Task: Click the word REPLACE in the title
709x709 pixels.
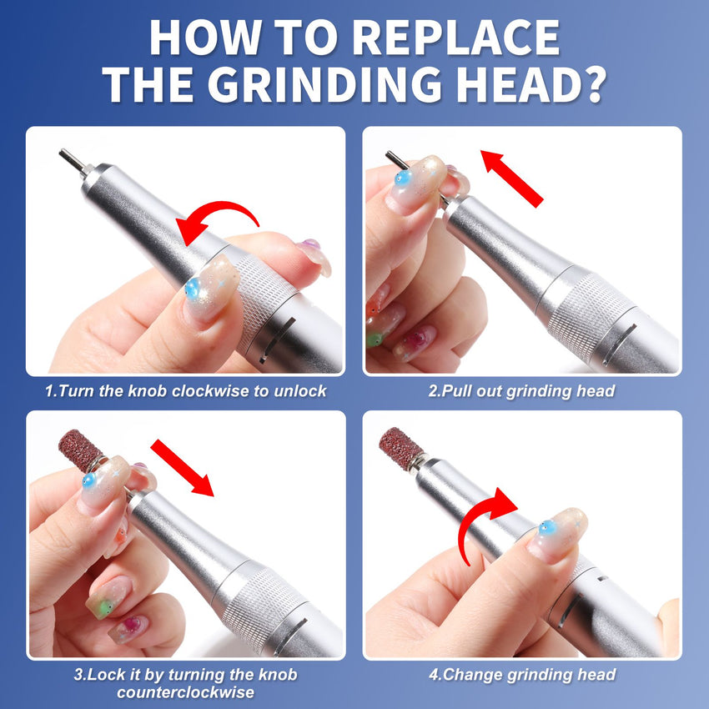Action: tap(455, 38)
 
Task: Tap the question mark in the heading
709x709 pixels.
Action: tap(591, 84)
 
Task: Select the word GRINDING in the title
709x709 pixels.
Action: tap(325, 84)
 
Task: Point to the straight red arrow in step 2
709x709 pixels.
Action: tap(511, 178)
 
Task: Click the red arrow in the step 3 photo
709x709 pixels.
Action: tap(182, 467)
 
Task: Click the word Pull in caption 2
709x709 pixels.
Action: tap(456, 390)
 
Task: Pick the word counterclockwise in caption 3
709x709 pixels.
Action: tap(185, 692)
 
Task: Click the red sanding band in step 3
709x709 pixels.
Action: tap(80, 450)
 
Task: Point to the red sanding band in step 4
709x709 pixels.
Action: tap(400, 449)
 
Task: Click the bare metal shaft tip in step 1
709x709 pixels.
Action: tap(71, 159)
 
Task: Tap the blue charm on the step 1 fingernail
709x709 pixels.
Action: tap(193, 289)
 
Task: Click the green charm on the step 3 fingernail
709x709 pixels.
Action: tap(105, 607)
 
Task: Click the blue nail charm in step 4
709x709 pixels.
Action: tap(546, 527)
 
